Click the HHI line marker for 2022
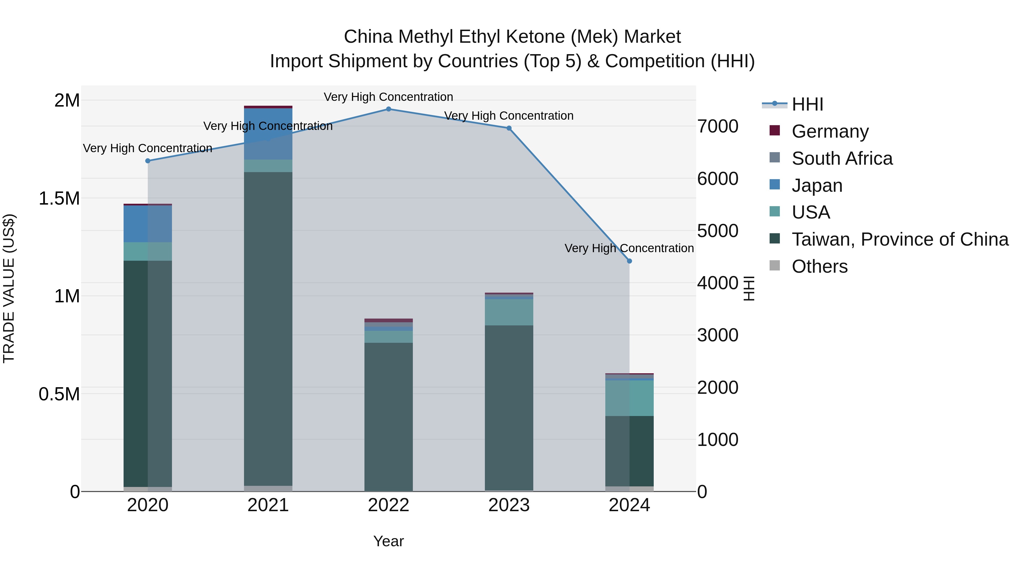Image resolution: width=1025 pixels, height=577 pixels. click(388, 109)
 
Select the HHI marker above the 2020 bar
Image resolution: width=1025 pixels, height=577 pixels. click(147, 161)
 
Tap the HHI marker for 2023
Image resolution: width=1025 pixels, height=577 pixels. click(509, 128)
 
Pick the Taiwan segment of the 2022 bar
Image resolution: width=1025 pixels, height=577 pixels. click(388, 416)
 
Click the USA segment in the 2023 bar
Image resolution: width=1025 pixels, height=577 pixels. click(509, 312)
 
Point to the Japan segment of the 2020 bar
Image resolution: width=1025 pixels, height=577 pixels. click(147, 224)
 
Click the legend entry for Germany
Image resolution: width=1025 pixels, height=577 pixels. click(830, 131)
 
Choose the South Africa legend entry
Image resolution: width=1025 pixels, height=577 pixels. click(842, 158)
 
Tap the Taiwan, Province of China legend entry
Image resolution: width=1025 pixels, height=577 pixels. click(900, 239)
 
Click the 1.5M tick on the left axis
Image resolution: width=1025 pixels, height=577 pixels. click(59, 198)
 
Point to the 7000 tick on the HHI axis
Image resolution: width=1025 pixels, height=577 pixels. click(717, 126)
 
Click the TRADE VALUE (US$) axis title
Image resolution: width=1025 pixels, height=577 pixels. click(9, 288)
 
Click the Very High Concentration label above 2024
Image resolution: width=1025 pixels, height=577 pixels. click(629, 248)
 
